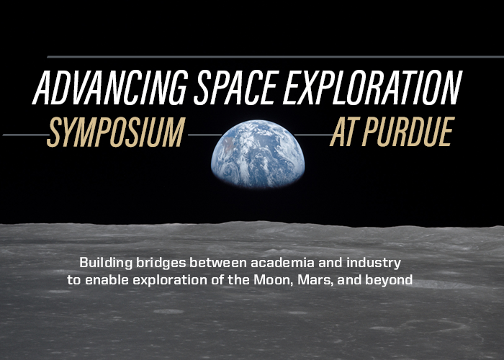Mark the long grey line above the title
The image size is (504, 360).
(274, 56)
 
